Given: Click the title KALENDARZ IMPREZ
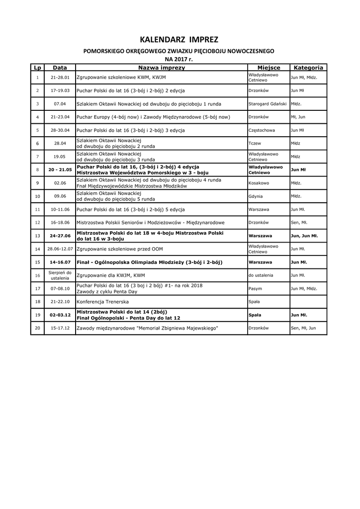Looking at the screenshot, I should (x=179, y=39).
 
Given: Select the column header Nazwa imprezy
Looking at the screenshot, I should (x=162, y=68).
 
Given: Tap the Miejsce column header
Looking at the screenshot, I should (x=269, y=68).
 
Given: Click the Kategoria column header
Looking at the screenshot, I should (x=308, y=68).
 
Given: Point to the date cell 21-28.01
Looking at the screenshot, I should (x=60, y=78).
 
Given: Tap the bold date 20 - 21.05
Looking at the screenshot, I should (x=60, y=170).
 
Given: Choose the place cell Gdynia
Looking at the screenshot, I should (x=256, y=196).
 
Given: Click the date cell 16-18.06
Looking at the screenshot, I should (x=60, y=222).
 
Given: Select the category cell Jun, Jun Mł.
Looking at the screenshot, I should (x=304, y=236).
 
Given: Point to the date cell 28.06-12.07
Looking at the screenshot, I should (x=60, y=249).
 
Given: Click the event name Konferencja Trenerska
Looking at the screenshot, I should (x=102, y=301).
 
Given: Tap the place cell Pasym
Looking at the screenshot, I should (x=255, y=288).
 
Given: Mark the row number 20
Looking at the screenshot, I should (x=37, y=328).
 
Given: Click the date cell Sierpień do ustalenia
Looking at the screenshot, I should (x=60, y=275).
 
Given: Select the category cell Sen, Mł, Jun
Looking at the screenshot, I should (x=303, y=328).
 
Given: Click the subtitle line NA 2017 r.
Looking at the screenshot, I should (x=179, y=59).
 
